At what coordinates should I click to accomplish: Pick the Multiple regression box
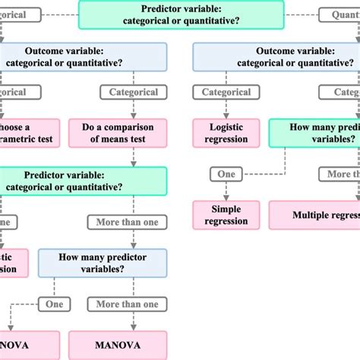(314, 214)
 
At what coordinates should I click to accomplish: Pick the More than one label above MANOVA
(128, 304)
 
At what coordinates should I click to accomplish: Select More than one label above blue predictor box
(128, 222)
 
